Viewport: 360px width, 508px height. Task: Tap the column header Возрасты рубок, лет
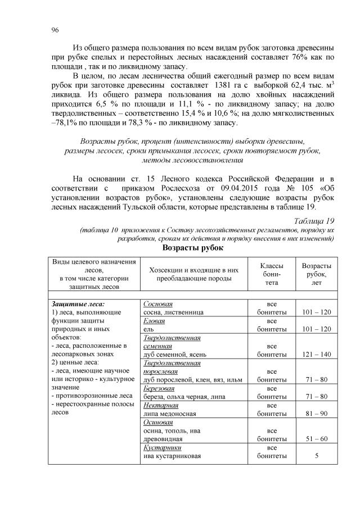(x=316, y=274)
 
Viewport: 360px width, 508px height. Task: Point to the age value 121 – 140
(x=316, y=354)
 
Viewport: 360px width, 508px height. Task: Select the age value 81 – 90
(x=316, y=413)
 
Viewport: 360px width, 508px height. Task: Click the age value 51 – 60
(x=316, y=439)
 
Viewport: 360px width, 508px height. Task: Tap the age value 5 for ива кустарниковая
(x=316, y=456)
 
